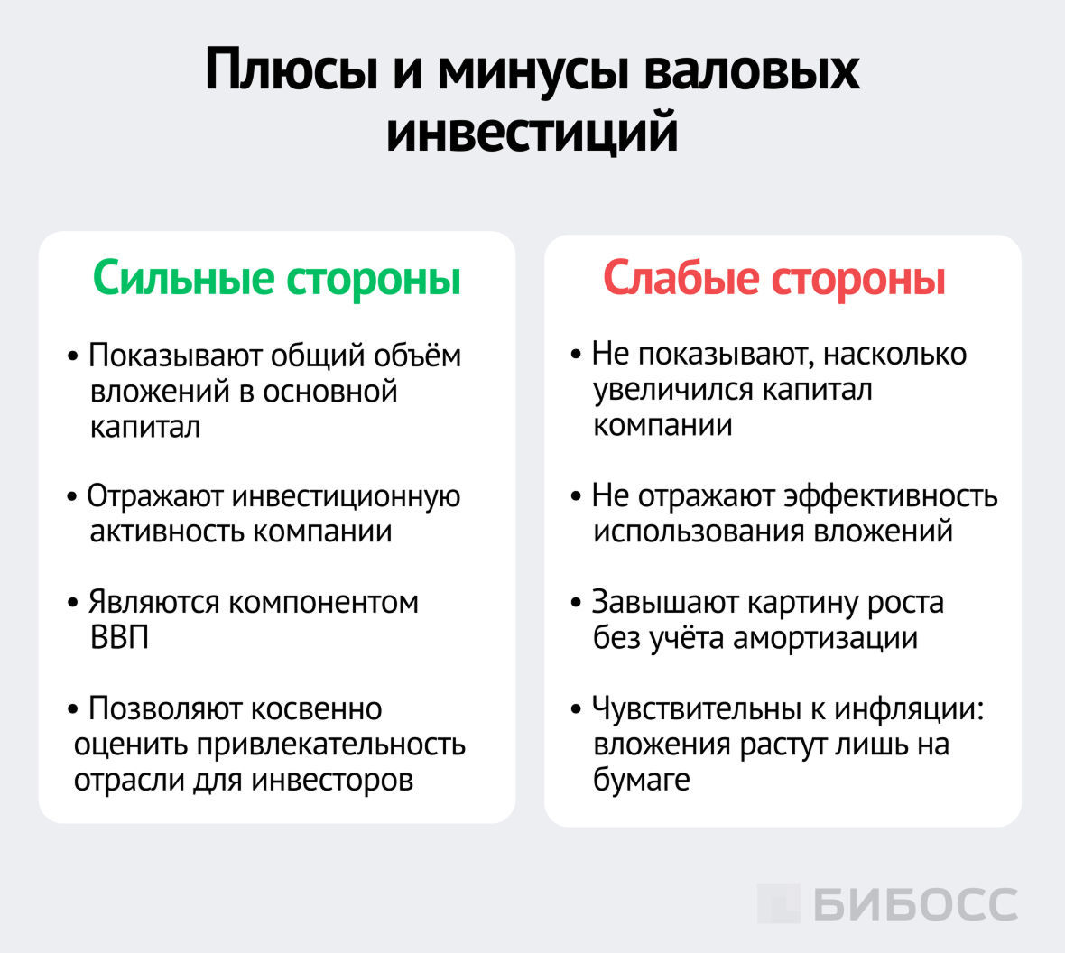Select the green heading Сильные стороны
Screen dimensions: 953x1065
click(x=277, y=277)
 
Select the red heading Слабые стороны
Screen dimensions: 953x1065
click(x=774, y=277)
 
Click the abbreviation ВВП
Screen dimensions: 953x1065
click(x=119, y=638)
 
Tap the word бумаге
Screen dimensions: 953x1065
click(x=641, y=780)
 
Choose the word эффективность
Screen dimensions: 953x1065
click(x=890, y=496)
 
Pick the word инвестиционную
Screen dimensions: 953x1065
click(x=347, y=496)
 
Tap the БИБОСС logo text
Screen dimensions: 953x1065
click(x=915, y=904)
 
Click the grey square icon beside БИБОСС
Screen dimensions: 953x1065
click(x=778, y=903)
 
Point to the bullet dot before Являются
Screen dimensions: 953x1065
click(x=72, y=603)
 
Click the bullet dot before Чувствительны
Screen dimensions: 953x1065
click(x=576, y=709)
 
